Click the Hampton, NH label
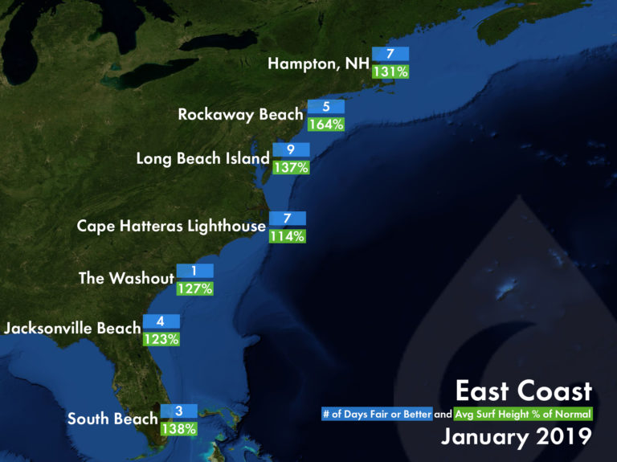coord(318,64)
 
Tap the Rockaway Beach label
coord(240,115)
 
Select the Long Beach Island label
coord(202,158)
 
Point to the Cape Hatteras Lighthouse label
coord(171,227)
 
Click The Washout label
coord(126,279)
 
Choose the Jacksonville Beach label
coord(72,328)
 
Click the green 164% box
coord(325,124)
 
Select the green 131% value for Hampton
coord(390,72)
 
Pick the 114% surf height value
coord(287,235)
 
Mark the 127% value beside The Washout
coord(195,288)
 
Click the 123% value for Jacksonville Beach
coord(161,338)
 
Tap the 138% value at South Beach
coord(178,428)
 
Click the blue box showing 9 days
coord(291,149)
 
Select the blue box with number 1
coord(195,271)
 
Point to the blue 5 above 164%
coord(325,106)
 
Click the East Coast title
coord(523,391)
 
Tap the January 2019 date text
coord(516,437)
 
